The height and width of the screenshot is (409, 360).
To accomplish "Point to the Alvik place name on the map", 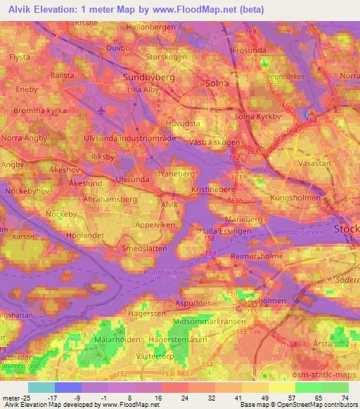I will click(x=169, y=204).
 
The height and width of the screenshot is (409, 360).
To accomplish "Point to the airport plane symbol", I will click(x=103, y=110).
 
